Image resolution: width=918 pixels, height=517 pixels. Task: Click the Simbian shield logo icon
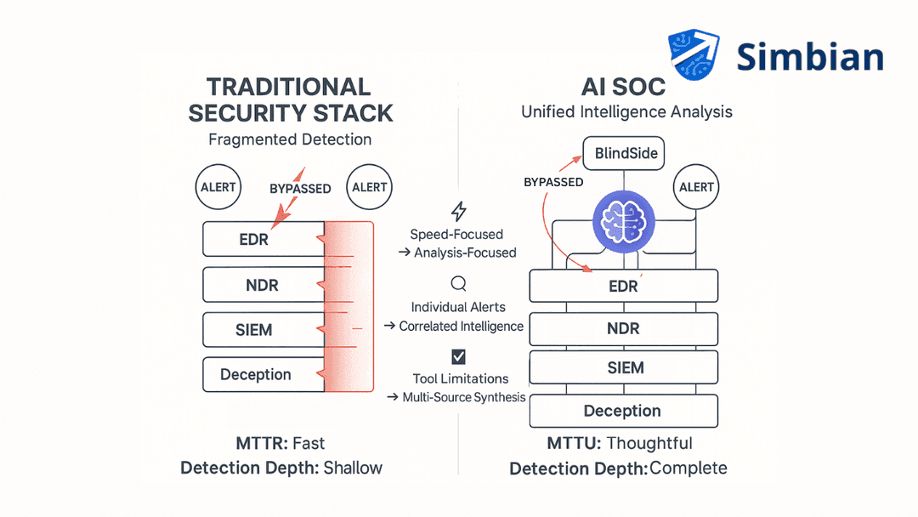(x=694, y=56)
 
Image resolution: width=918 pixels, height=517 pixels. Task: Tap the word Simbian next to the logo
(x=809, y=57)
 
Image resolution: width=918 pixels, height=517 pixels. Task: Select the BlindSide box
(x=624, y=154)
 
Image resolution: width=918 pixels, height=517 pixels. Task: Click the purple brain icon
(x=625, y=221)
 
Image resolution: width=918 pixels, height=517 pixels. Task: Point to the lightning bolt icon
(x=458, y=211)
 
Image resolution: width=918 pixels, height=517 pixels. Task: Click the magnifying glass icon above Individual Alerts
(x=458, y=284)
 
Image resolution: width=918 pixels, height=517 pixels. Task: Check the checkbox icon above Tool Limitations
(x=458, y=356)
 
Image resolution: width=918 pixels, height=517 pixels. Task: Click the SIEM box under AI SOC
(x=624, y=367)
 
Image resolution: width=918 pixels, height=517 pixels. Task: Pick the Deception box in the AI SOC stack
(x=624, y=411)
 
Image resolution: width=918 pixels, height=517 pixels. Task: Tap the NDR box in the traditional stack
(x=263, y=284)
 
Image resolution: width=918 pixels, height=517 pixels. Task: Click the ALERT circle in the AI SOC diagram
(x=696, y=187)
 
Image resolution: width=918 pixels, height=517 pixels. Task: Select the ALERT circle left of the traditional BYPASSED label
(x=218, y=187)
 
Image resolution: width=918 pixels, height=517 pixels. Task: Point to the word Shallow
(x=353, y=468)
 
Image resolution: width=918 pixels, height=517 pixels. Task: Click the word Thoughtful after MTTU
(x=649, y=443)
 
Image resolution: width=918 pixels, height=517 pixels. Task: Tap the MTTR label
(x=261, y=443)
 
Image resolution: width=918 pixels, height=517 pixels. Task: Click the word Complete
(x=688, y=469)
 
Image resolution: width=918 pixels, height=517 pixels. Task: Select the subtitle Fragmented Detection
(x=290, y=139)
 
